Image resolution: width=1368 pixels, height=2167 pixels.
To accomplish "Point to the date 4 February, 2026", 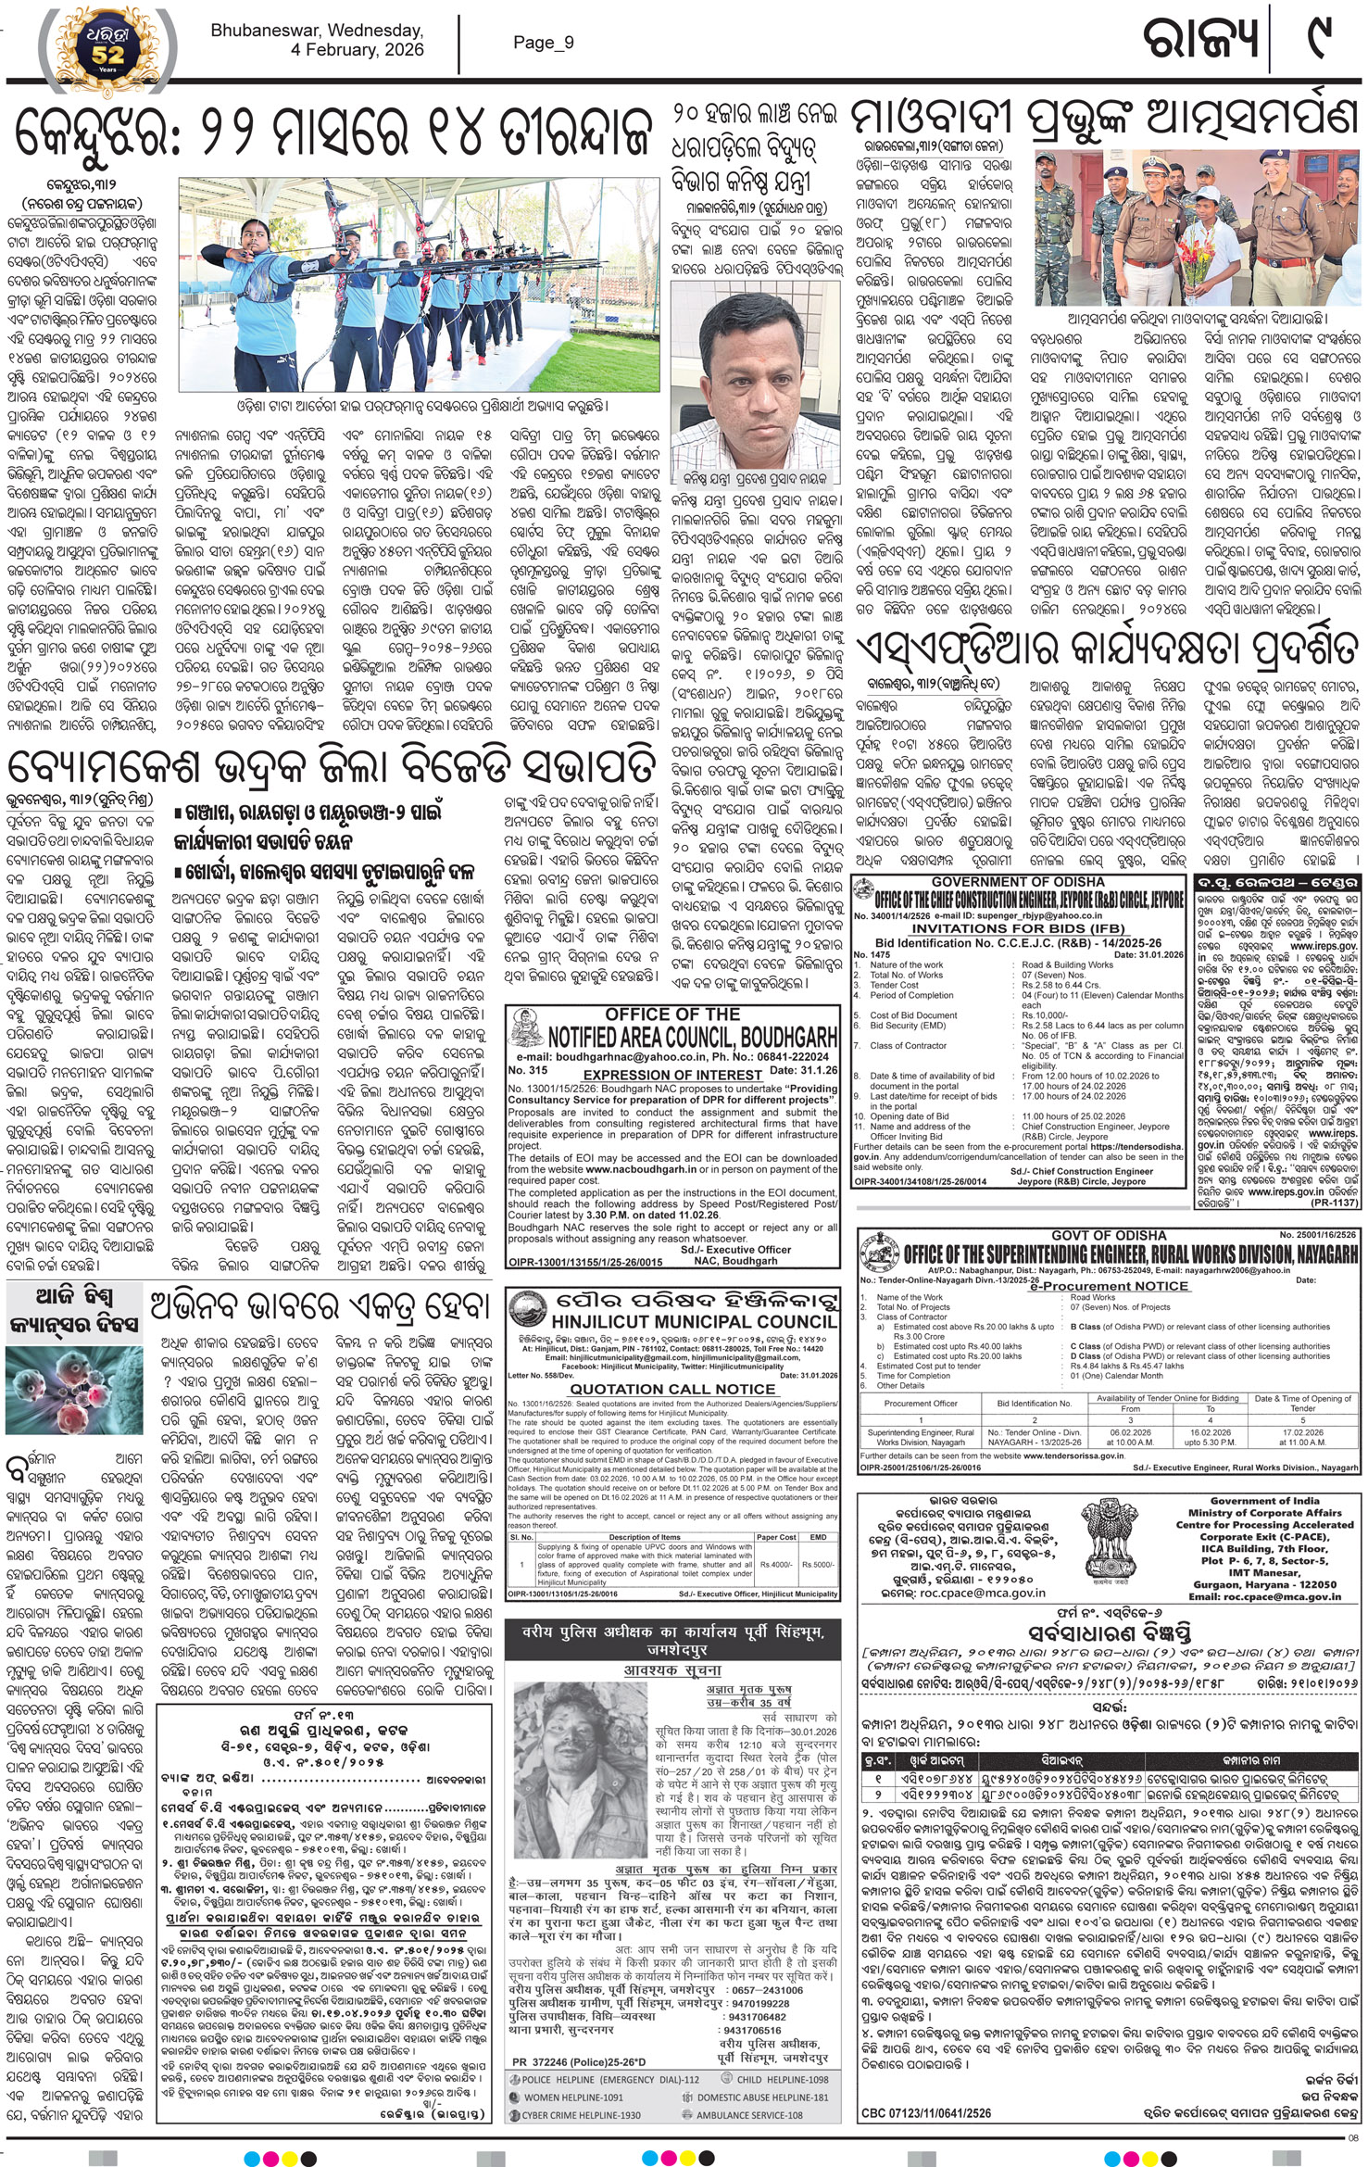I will click(358, 50).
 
